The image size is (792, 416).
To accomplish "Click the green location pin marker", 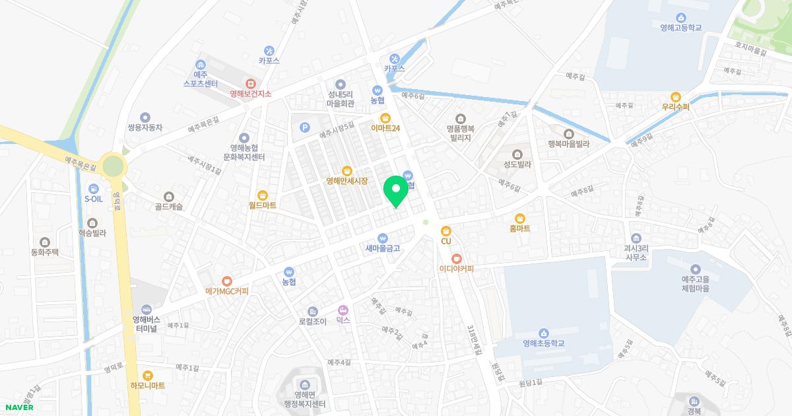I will coord(396,191).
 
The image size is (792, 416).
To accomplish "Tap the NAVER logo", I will coord(18,407).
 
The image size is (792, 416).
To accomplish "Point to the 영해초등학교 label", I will coord(543,343).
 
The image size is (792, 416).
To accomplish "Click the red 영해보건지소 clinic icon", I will coord(251,84).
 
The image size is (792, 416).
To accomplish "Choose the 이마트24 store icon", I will coord(376,118).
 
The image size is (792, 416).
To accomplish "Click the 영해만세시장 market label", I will coord(346,180).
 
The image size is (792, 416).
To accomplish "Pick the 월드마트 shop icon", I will coord(263,195).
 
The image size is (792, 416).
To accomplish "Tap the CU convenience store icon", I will coord(446,230).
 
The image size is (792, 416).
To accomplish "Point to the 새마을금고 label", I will coord(383,248).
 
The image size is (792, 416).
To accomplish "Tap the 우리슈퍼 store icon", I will coord(675,96).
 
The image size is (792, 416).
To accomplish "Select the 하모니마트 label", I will coord(147,385).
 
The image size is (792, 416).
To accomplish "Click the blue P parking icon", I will coord(304,127).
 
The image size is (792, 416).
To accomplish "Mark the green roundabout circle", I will coord(114,165).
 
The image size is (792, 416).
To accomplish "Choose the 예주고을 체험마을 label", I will coord(695,284).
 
